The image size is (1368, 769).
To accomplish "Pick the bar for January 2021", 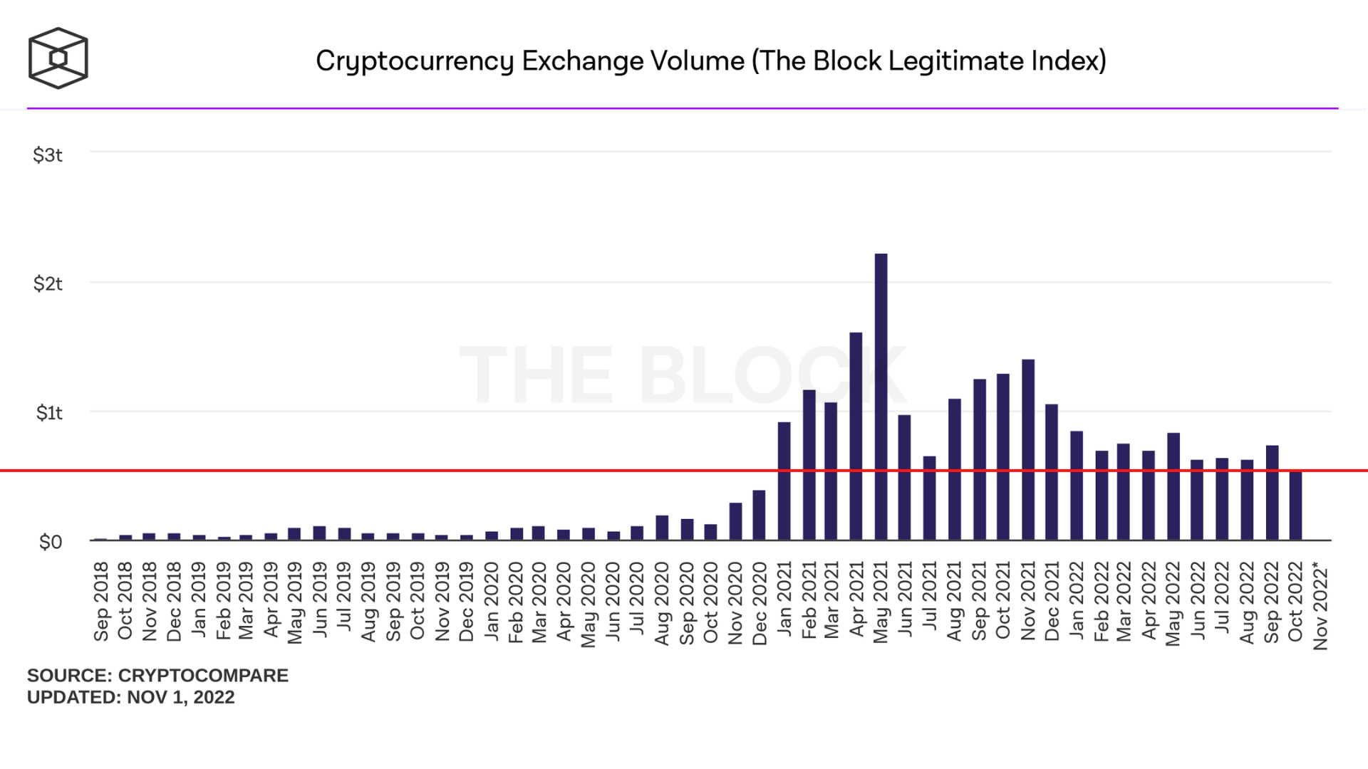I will (x=784, y=481).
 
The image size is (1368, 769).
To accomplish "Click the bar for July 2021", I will (x=929, y=498).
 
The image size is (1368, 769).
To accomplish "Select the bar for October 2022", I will (x=1295, y=506).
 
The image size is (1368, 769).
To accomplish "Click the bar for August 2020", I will (x=662, y=528).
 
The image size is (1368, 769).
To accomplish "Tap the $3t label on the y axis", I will (x=48, y=155).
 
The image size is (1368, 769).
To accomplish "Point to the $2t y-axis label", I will (x=48, y=284).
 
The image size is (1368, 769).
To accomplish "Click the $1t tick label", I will (x=49, y=413).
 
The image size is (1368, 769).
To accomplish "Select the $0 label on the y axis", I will (x=51, y=543).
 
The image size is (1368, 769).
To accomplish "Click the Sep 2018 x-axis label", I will (x=101, y=602).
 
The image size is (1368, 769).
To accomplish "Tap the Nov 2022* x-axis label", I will (x=1320, y=606).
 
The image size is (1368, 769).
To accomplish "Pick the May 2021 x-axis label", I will (x=881, y=602).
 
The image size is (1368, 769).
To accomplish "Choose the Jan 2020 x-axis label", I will (x=492, y=602).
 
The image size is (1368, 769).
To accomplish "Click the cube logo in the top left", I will (x=58, y=58).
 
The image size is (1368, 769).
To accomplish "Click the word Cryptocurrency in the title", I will (x=415, y=61).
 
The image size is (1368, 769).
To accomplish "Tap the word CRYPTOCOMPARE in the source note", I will (x=203, y=675).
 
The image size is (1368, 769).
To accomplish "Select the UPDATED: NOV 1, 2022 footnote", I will (x=131, y=697).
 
